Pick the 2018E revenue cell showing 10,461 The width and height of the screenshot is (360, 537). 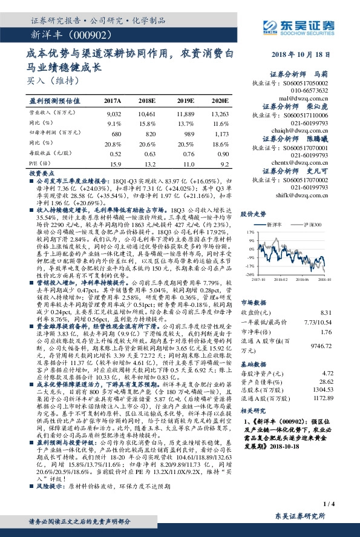[146, 113]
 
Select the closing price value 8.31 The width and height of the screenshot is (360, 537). [343, 312]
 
